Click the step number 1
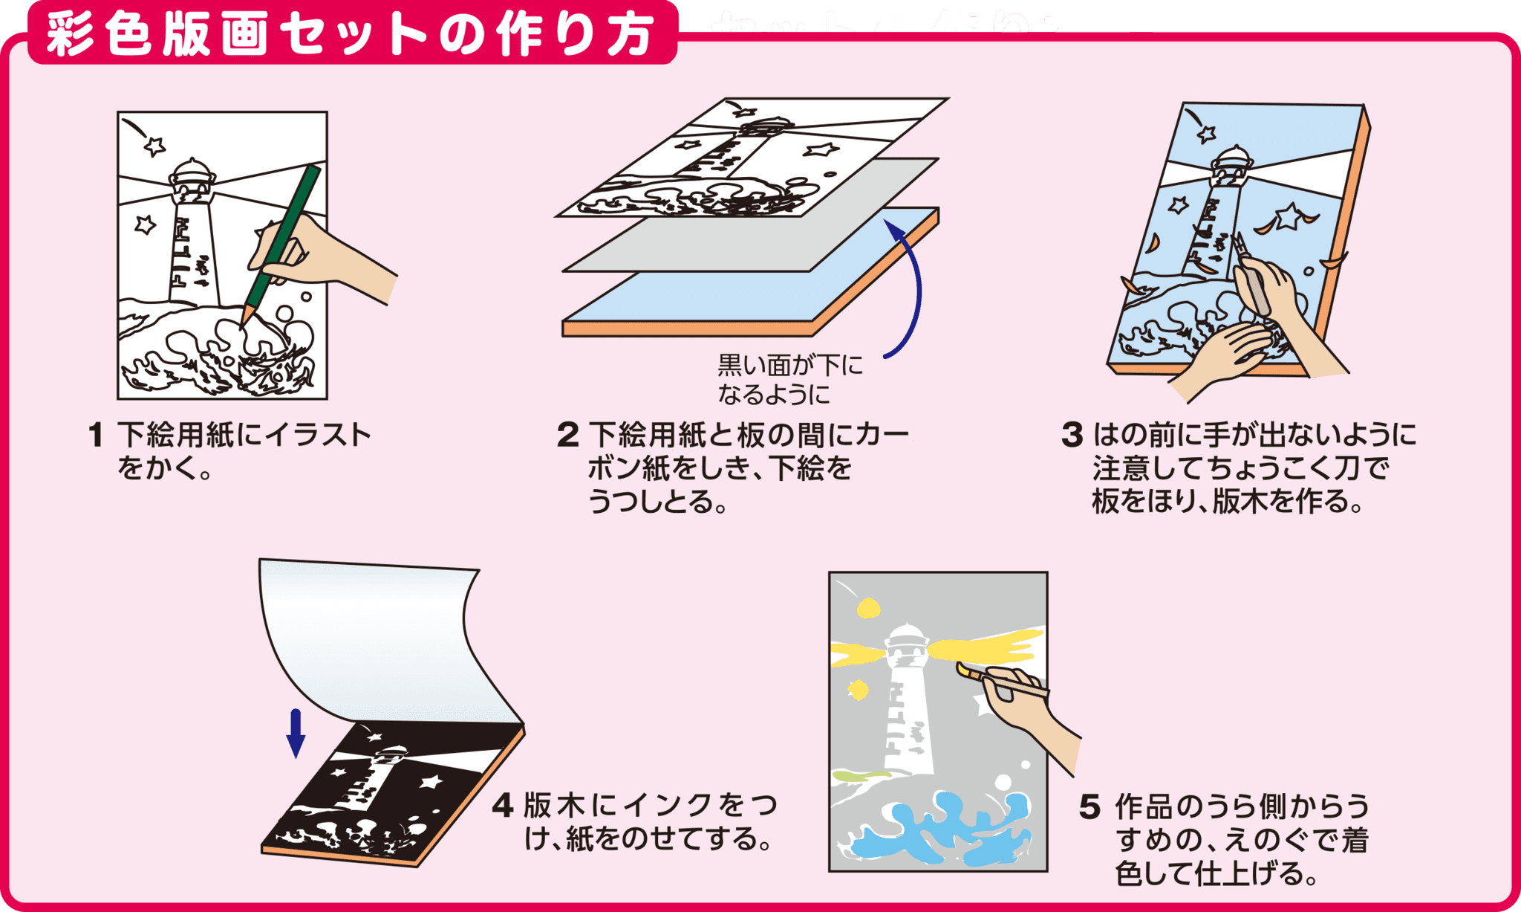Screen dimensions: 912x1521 95,436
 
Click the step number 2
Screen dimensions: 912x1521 567,436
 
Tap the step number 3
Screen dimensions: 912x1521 1072,436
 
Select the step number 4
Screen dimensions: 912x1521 503,806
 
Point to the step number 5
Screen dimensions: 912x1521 1090,807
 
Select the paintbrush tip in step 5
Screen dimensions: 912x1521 963,670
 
